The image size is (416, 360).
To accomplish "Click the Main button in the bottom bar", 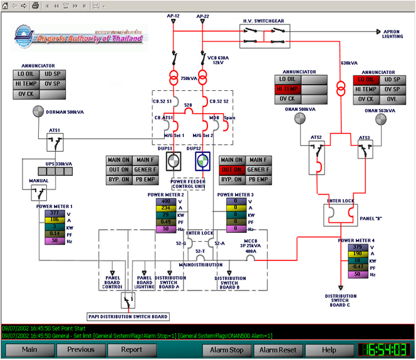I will [29, 349].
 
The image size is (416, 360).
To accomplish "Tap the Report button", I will [132, 349].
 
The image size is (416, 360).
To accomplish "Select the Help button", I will [329, 349].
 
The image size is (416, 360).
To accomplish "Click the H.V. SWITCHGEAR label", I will [263, 21].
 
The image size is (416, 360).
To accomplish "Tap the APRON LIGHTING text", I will [393, 34].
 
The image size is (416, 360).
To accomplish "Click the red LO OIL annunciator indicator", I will [366, 80].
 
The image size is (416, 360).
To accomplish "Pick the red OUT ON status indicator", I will [231, 170].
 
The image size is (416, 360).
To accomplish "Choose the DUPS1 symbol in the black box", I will [173, 162].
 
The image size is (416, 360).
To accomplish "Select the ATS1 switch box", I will [55, 142].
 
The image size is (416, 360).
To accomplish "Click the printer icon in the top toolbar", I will [36, 6].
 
